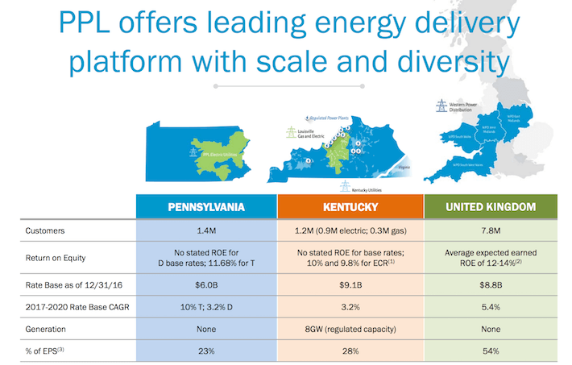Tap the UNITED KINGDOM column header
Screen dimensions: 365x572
(x=491, y=206)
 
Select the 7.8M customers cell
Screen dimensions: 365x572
(x=491, y=230)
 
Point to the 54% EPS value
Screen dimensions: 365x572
(x=491, y=352)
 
